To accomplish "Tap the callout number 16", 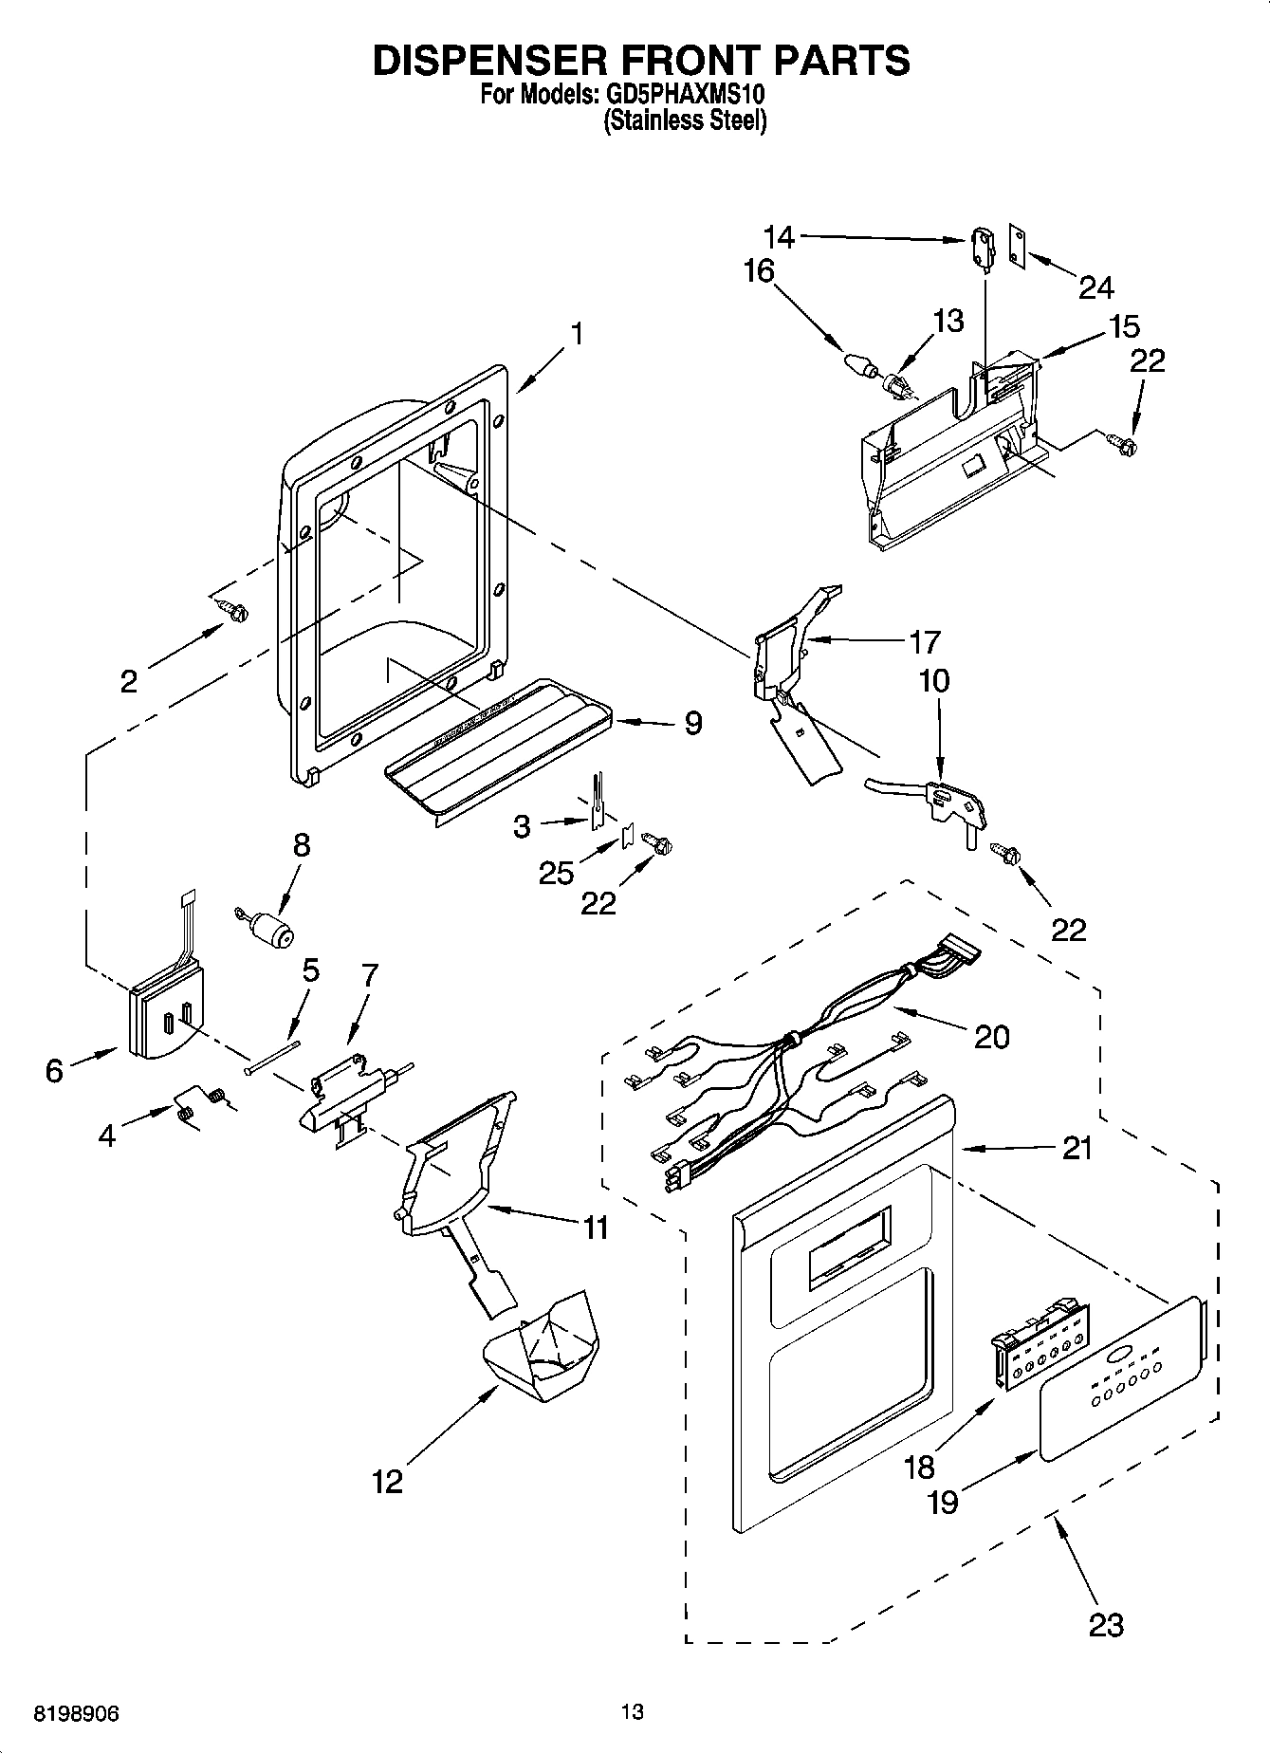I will tap(759, 272).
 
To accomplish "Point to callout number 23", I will tap(1106, 1624).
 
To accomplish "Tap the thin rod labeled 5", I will tap(272, 1057).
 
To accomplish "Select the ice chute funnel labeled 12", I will tap(543, 1349).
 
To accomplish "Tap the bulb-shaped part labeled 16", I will tap(858, 364).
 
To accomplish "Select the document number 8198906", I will tap(77, 1714).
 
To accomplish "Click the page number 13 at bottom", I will tap(633, 1711).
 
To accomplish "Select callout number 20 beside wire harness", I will tap(992, 1036).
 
